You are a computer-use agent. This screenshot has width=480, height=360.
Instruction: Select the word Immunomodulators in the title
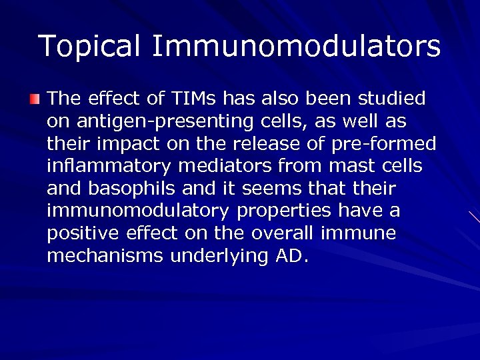(296, 47)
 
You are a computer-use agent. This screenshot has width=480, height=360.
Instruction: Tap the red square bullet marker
(35, 100)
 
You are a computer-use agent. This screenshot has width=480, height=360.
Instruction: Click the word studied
(392, 99)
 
